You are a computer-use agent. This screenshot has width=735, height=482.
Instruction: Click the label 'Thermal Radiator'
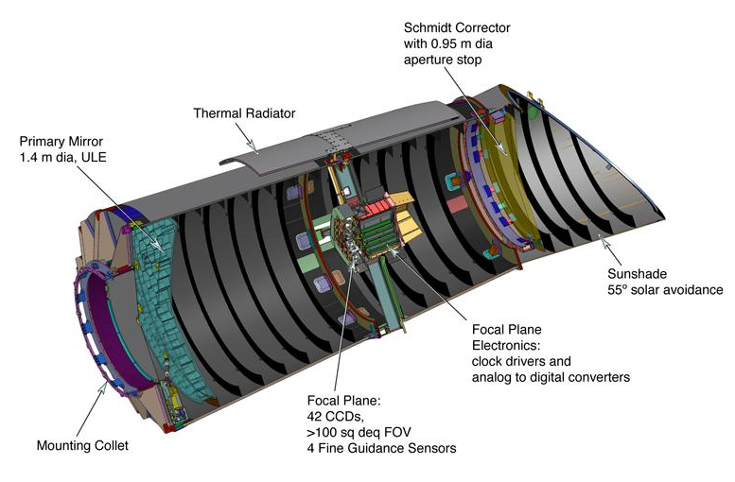[x=244, y=113]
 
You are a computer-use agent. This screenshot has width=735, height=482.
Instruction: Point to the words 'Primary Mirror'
[x=61, y=141]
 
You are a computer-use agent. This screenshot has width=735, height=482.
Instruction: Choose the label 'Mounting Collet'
[x=82, y=445]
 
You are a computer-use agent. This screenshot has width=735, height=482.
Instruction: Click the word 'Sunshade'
[x=637, y=273]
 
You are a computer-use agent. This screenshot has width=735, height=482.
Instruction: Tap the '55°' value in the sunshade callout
[x=618, y=289]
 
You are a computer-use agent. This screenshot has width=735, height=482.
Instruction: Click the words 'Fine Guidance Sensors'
[x=387, y=448]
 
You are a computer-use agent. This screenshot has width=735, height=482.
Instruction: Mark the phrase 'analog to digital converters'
[x=551, y=377]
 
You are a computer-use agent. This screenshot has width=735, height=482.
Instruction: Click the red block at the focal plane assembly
[x=376, y=207]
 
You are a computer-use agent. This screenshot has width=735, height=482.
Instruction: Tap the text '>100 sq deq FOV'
[x=359, y=432]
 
